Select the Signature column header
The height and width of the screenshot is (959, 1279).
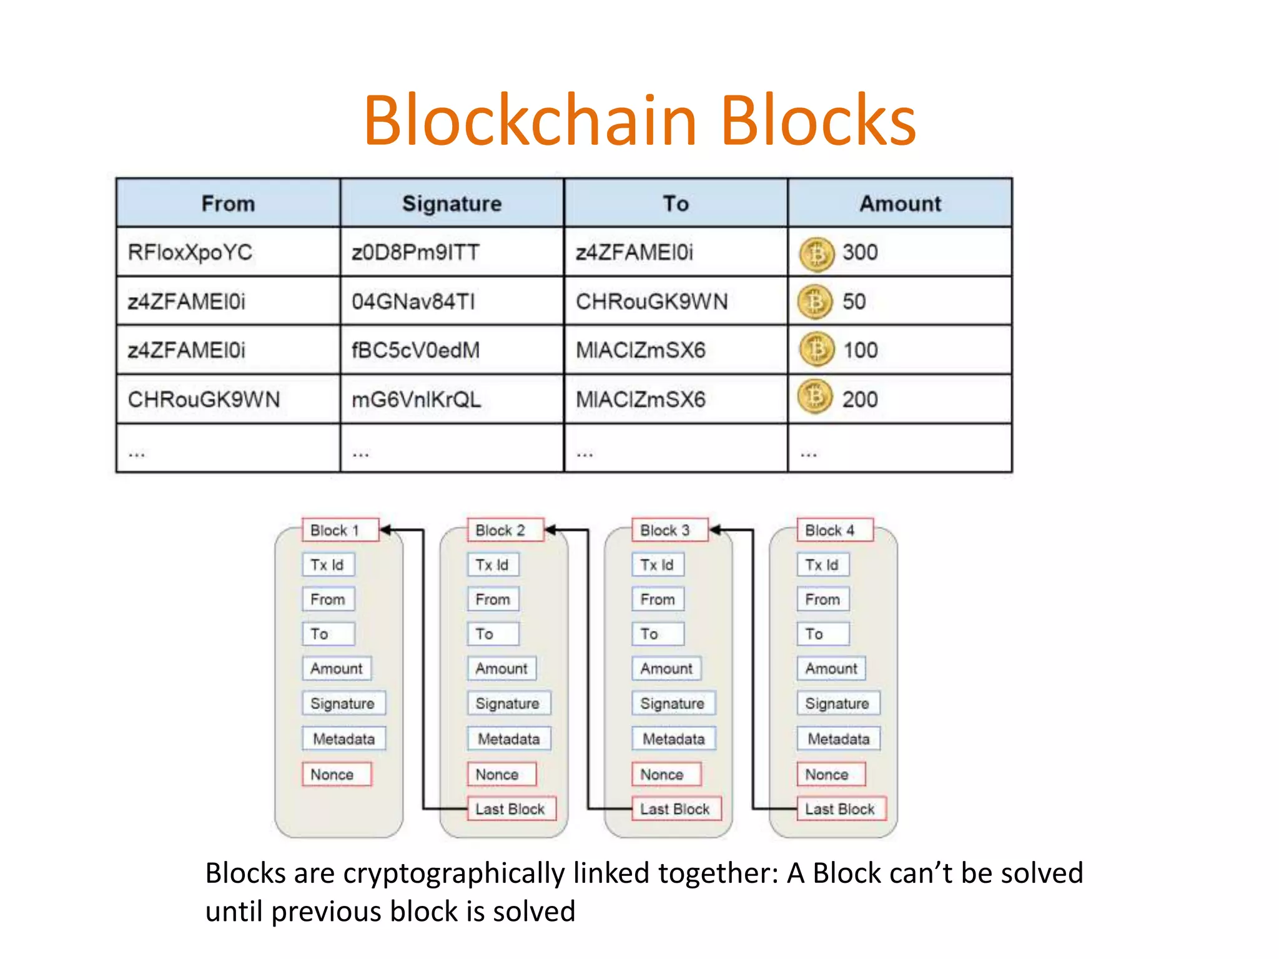click(x=452, y=204)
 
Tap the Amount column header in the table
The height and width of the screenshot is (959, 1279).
click(x=900, y=204)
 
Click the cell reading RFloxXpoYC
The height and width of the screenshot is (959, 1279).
click(x=190, y=252)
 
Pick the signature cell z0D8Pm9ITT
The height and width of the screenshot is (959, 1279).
click(x=415, y=252)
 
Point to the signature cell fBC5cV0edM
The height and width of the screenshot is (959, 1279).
click(x=415, y=350)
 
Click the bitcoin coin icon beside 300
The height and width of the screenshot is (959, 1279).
click(x=816, y=253)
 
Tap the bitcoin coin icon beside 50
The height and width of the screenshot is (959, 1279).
click(x=815, y=302)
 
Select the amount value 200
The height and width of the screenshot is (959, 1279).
click(x=860, y=400)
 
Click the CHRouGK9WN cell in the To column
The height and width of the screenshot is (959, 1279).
click(x=651, y=302)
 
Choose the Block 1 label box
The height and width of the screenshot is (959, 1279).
click(x=340, y=530)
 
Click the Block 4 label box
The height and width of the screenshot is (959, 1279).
click(x=834, y=530)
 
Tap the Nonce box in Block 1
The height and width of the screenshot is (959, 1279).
click(x=337, y=774)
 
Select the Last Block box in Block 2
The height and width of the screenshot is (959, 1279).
click(x=511, y=809)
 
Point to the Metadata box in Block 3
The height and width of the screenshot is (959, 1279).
click(x=673, y=739)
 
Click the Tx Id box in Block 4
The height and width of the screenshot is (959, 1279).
click(x=822, y=565)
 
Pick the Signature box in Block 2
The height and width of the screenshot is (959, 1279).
click(x=508, y=704)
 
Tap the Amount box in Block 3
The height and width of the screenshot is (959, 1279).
click(x=666, y=669)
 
